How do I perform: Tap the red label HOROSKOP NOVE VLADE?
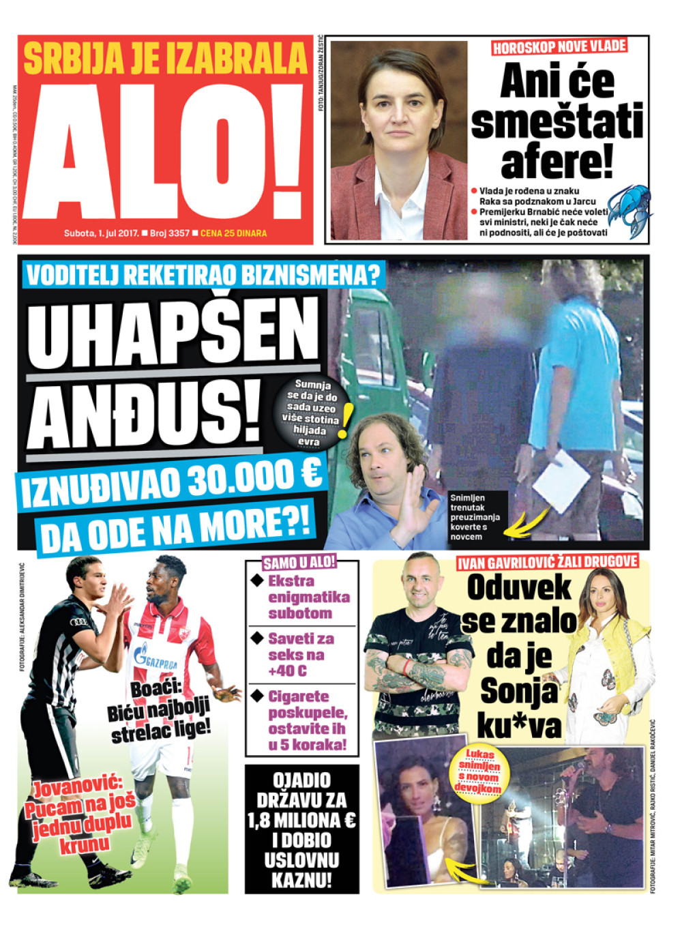coord(559,47)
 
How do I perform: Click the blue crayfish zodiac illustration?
coord(628,209)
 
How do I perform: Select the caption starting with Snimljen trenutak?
coord(475,517)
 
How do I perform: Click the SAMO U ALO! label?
coord(299,563)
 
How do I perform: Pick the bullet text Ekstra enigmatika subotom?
coord(308,597)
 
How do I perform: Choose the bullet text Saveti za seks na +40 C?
coord(301,655)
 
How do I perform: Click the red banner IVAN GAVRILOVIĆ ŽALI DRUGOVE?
coord(548,562)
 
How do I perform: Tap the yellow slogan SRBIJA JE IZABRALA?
coord(165,58)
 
